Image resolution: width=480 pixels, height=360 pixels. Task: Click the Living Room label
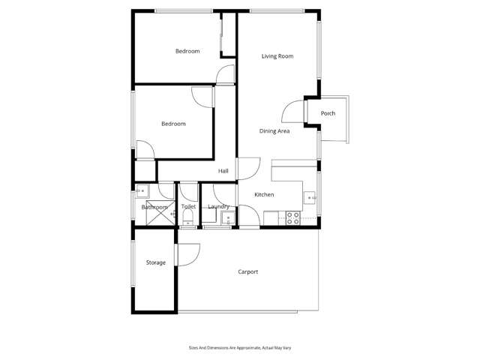[277, 56]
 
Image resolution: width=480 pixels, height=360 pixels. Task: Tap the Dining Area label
[274, 131]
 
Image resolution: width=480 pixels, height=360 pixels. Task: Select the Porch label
[328, 113]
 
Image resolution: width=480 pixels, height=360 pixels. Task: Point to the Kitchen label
[264, 194]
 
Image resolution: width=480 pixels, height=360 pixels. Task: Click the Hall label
[223, 171]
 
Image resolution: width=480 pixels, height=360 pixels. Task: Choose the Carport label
[248, 271]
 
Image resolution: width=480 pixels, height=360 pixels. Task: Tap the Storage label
[156, 262]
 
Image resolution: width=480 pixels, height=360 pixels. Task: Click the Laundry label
[218, 207]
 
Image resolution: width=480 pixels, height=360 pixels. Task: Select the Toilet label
[188, 206]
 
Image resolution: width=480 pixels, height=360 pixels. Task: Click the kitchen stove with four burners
[293, 218]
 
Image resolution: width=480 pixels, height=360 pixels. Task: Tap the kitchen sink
[310, 198]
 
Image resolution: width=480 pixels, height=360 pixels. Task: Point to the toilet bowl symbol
[187, 219]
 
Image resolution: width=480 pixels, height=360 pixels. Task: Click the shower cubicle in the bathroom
[160, 213]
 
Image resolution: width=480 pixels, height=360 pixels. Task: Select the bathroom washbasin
[142, 191]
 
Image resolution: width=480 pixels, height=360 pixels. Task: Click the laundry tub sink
[228, 218]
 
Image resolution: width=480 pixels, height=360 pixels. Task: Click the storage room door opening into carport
[187, 255]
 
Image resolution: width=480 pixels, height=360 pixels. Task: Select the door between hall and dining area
[248, 168]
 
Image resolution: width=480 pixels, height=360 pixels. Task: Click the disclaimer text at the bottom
[240, 348]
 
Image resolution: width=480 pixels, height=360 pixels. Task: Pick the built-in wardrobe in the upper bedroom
[228, 35]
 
